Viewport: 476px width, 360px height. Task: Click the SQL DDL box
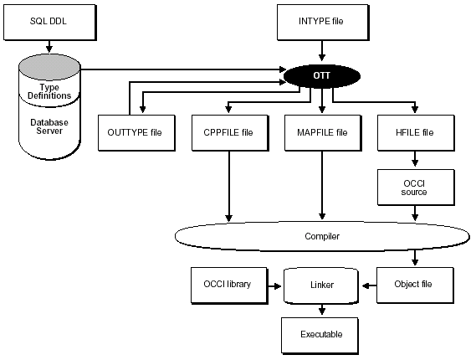(41, 20)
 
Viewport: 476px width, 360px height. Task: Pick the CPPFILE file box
(228, 132)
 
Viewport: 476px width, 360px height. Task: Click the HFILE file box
(416, 132)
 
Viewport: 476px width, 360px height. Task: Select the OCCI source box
(416, 188)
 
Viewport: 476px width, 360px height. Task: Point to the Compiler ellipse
(321, 236)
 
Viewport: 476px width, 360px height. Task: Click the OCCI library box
(228, 285)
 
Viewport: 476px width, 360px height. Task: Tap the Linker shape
(321, 285)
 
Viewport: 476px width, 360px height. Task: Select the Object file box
(416, 285)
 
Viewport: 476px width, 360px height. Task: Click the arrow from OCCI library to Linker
(273, 285)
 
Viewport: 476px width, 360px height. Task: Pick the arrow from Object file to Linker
(369, 285)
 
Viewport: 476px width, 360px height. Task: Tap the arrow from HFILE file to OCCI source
(416, 161)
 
